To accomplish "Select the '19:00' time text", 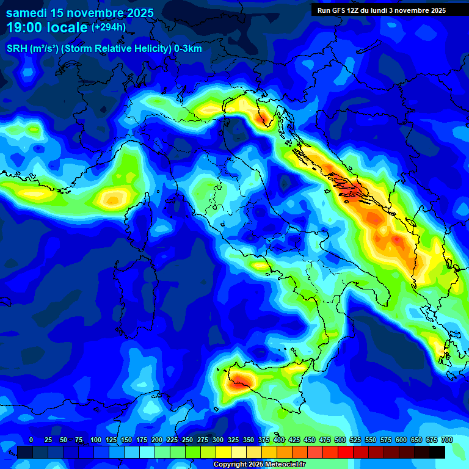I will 25,27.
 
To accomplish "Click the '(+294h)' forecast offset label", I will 109,27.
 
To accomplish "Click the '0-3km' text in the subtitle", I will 188,49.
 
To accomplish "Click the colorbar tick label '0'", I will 31,440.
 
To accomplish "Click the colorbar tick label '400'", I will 279,440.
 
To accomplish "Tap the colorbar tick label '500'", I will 340,440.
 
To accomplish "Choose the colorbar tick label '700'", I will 447,440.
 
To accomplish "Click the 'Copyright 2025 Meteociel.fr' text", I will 259,465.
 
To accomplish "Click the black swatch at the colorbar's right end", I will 437,453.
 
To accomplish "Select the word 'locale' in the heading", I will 67,27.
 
